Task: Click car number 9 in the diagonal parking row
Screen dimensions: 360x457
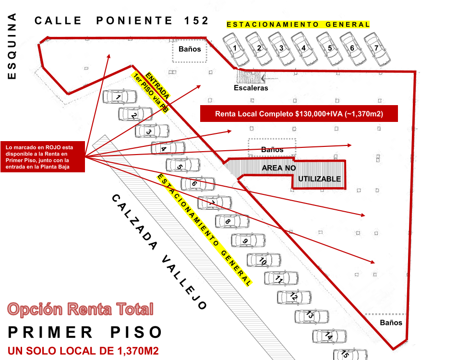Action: pyautogui.click(x=247, y=240)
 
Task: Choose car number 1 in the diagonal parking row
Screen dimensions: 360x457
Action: pyautogui.click(x=120, y=97)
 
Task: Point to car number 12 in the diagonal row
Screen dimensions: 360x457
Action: pyautogui.click(x=293, y=297)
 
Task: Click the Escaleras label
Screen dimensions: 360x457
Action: pyautogui.click(x=251, y=88)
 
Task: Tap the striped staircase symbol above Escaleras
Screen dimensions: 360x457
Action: pyautogui.click(x=249, y=76)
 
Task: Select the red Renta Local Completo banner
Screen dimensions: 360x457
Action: pyautogui.click(x=299, y=114)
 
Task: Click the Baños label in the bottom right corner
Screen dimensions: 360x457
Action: pyautogui.click(x=391, y=323)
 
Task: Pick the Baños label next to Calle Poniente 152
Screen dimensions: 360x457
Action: pyautogui.click(x=189, y=48)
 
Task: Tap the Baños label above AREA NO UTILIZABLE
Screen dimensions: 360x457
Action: pyautogui.click(x=272, y=149)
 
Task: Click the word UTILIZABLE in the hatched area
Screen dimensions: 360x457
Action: pyautogui.click(x=319, y=179)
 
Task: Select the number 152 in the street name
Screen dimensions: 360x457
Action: pyautogui.click(x=196, y=20)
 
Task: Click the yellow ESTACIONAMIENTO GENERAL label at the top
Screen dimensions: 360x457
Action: pyautogui.click(x=298, y=24)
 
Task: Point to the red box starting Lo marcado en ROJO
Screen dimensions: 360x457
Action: pyautogui.click(x=43, y=156)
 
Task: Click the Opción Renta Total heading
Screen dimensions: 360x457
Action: pyautogui.click(x=81, y=309)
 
